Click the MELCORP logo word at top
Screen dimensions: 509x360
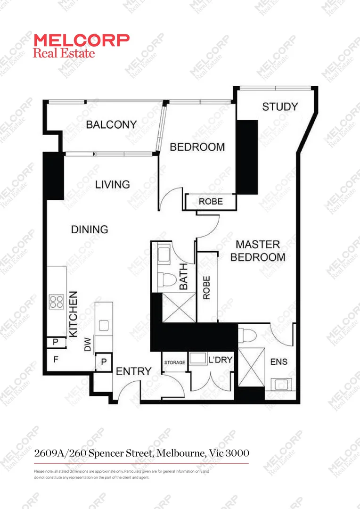coord(82,40)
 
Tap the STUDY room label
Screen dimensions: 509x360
coord(280,107)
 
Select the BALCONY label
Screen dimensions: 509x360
coord(111,124)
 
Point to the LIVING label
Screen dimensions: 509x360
coord(113,184)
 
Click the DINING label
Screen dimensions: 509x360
coord(90,230)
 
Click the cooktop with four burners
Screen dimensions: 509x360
coord(57,301)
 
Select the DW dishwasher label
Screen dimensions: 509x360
coord(88,346)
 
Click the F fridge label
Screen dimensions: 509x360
coord(56,360)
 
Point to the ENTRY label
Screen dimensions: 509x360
coord(134,371)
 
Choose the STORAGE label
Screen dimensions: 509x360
coord(174,362)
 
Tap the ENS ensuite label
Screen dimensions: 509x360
coord(279,362)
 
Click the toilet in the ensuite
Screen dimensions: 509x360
coord(247,335)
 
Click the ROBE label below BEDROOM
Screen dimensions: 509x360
coord(210,202)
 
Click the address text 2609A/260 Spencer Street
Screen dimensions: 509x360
coord(141,453)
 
